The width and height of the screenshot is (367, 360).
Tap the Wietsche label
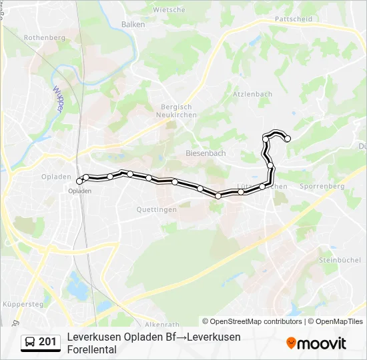pos(169,10)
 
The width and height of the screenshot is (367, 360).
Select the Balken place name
pos(133,24)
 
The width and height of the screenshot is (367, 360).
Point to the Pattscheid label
pos(293,19)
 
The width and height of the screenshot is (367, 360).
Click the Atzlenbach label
pos(252,94)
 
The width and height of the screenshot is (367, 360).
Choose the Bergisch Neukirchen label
pos(176,111)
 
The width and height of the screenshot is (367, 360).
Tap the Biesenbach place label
pos(205,153)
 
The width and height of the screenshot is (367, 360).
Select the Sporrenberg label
pos(322,187)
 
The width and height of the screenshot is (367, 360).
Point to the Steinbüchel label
pos(340,259)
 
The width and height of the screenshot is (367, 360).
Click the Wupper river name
pos(58,98)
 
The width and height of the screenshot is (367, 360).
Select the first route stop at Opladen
pos(79,181)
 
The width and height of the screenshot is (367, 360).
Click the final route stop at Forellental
pos(288,139)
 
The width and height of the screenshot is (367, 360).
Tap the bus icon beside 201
pos(30,342)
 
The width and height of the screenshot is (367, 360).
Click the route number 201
pos(47,342)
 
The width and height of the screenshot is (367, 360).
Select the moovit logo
pos(316,343)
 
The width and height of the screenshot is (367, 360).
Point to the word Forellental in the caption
pos(92,349)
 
